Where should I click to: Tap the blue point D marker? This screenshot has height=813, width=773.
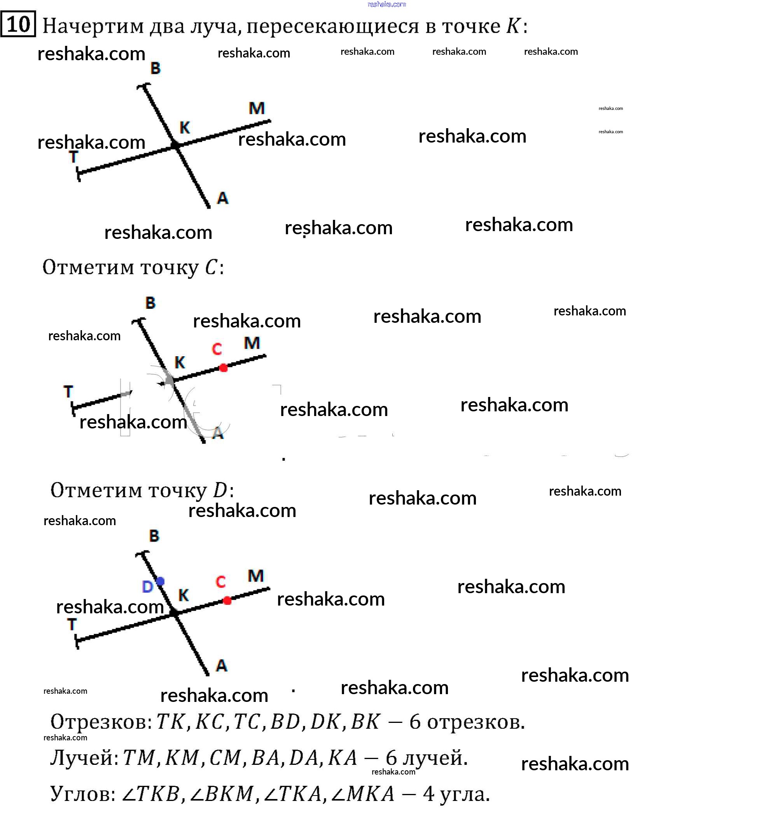(x=160, y=581)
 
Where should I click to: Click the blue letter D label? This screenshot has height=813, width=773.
(x=147, y=587)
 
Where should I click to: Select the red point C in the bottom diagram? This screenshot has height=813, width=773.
(x=227, y=601)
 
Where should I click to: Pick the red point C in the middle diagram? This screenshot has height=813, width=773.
(x=223, y=367)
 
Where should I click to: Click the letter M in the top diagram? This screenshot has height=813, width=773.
(x=256, y=108)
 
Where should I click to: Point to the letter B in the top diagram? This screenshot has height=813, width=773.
(x=156, y=68)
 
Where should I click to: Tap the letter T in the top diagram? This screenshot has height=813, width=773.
(x=73, y=157)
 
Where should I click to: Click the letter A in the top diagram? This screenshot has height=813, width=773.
(x=222, y=198)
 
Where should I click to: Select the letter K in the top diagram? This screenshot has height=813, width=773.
(x=185, y=128)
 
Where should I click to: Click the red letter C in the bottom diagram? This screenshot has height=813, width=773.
(x=220, y=582)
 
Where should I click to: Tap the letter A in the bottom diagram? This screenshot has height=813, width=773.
(x=222, y=666)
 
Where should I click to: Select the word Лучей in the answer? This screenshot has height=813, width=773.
(x=84, y=758)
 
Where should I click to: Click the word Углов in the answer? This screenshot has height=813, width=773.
(x=83, y=794)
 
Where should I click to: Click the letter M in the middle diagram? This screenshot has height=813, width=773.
(x=252, y=343)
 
